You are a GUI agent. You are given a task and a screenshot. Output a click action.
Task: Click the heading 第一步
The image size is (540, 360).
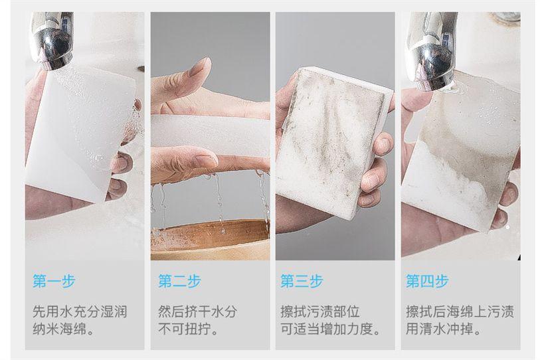point(54,281)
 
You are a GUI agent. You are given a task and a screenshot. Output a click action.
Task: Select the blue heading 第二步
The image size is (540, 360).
point(179,281)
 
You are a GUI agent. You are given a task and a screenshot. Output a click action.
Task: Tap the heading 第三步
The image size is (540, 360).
point(302,281)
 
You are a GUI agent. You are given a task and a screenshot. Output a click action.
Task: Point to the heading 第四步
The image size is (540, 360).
point(427,281)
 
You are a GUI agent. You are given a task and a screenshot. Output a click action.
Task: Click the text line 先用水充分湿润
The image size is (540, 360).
point(80,312)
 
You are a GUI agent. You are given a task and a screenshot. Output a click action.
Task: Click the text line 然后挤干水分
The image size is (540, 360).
point(198,312)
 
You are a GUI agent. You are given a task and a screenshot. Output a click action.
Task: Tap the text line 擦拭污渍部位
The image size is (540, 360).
point(320,312)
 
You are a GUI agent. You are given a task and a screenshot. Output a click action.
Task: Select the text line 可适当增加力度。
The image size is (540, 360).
point(331,329)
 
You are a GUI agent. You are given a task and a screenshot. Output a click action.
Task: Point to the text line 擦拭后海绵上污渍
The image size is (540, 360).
point(460,312)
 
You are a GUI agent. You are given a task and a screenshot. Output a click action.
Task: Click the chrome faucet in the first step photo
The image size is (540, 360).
point(53,40)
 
